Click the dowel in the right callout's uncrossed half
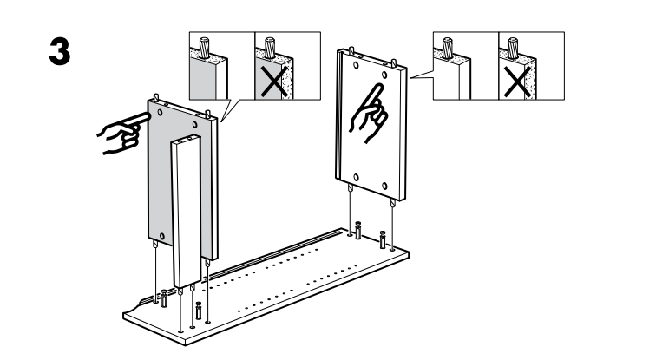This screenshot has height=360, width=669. [448, 44]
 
